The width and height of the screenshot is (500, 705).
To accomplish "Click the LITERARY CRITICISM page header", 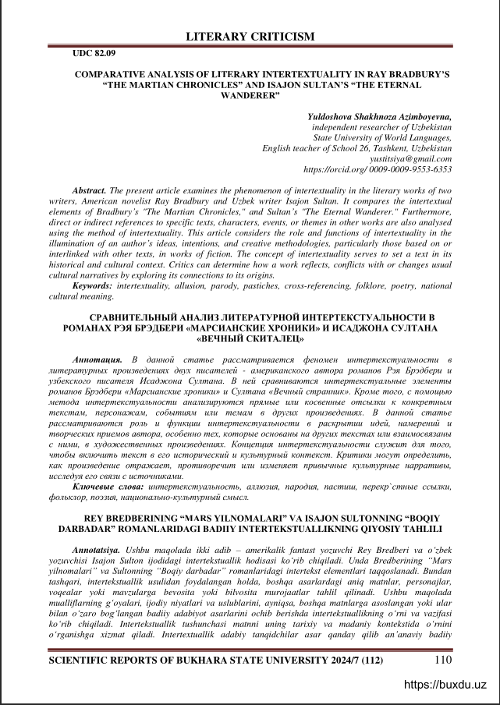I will pos(250,37).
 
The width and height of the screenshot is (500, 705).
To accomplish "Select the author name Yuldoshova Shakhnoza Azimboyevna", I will pos(380,116).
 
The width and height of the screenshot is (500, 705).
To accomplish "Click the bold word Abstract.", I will pos(89,190).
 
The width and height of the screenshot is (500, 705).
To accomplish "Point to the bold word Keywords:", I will pos(91,287).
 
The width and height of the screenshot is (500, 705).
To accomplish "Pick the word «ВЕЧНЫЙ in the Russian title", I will pos(222,340).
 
